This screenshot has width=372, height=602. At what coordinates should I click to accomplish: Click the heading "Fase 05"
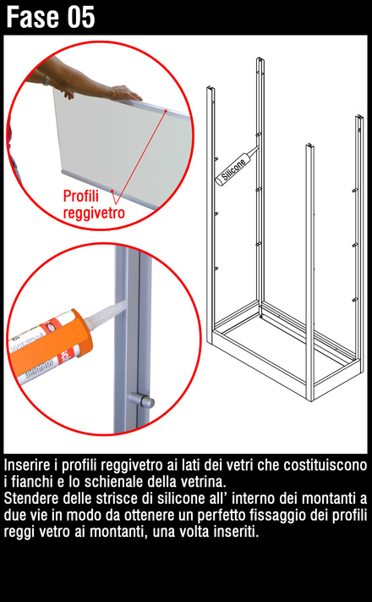click(x=50, y=17)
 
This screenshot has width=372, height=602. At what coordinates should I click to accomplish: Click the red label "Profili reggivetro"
click(x=94, y=204)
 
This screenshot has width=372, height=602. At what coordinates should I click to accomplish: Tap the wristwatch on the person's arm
click(x=46, y=80)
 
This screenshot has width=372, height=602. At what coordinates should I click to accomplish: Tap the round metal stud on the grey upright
click(x=141, y=400)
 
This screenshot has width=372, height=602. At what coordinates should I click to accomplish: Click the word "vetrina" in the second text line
click(x=205, y=482)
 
